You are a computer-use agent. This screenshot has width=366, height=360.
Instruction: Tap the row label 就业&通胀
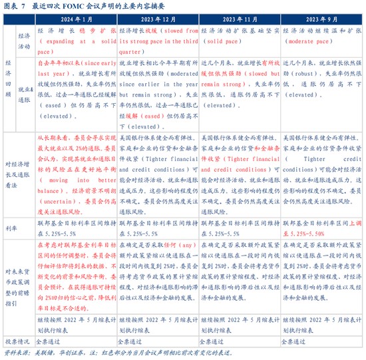(x=25, y=92)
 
